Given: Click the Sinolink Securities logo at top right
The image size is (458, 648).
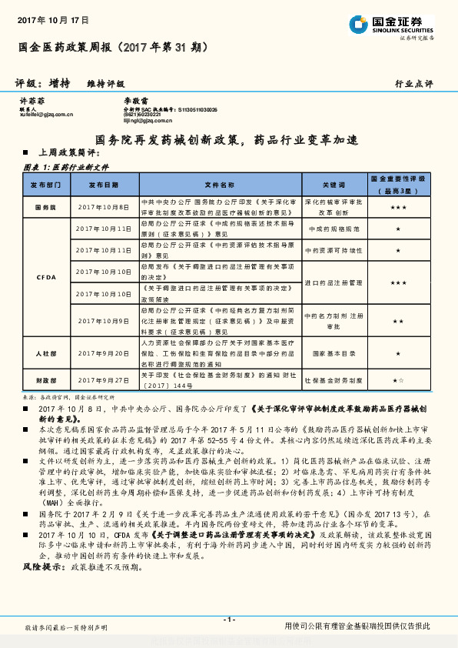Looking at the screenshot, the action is tap(390, 25).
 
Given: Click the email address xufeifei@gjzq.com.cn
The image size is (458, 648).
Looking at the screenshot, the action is tap(46, 115).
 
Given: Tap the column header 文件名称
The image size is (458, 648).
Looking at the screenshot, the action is tap(221, 185).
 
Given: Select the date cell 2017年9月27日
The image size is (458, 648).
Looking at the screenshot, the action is tap(104, 380).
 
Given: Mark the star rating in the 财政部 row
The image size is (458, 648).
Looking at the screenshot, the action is tap(397, 380).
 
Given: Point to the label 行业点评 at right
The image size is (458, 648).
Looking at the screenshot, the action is tap(413, 83).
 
